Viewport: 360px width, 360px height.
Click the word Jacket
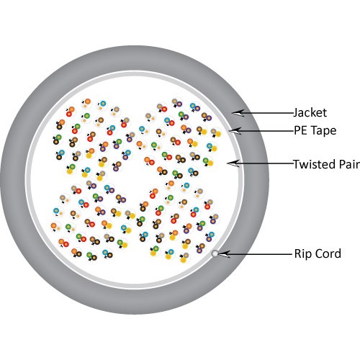click(310, 112)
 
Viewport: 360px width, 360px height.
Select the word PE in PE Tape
click(301, 130)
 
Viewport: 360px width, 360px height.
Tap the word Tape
click(323, 131)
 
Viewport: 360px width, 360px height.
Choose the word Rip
click(303, 254)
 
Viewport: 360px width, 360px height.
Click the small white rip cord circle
click(215, 253)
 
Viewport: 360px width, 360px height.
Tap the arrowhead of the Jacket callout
click(238, 113)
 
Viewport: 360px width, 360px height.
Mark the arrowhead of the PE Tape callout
click(235, 131)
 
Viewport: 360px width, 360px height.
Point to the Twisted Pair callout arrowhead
click(233, 163)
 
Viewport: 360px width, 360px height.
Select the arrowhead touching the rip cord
click(224, 254)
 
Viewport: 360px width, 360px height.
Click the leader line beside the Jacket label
click(266, 112)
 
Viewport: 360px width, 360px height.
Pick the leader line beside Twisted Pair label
click(264, 163)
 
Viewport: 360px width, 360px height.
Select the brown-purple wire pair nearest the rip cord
click(200, 248)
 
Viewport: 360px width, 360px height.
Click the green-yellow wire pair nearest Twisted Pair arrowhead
click(208, 162)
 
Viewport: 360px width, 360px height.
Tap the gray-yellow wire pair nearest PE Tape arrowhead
click(216, 132)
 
